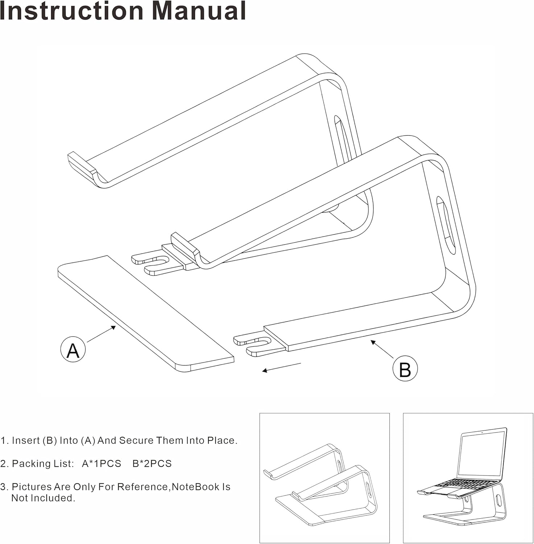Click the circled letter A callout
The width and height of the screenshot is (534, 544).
coord(73,349)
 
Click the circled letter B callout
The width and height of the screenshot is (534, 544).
coord(405,369)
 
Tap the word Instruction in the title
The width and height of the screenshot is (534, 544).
coord(71,11)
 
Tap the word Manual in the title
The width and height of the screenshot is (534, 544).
coord(199,11)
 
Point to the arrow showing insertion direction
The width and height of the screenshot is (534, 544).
coord(281,367)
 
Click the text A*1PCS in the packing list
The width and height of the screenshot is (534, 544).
coord(102,463)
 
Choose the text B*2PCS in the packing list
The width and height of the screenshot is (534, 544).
coord(152,463)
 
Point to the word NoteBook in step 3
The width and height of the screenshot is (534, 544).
coord(196,487)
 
